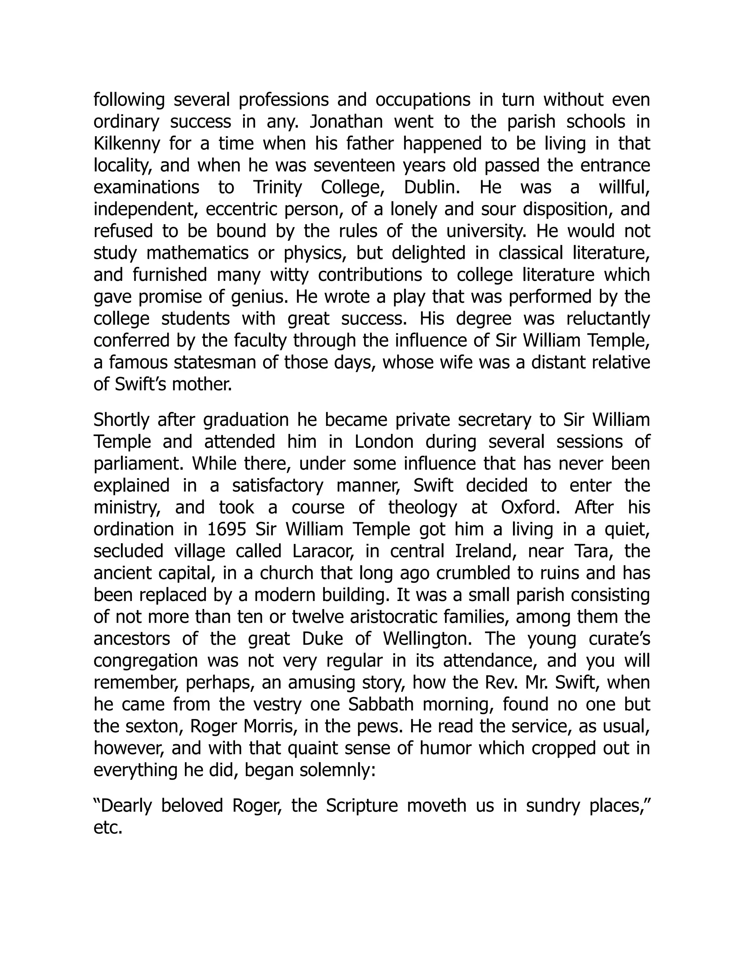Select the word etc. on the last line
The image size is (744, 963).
click(108, 827)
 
